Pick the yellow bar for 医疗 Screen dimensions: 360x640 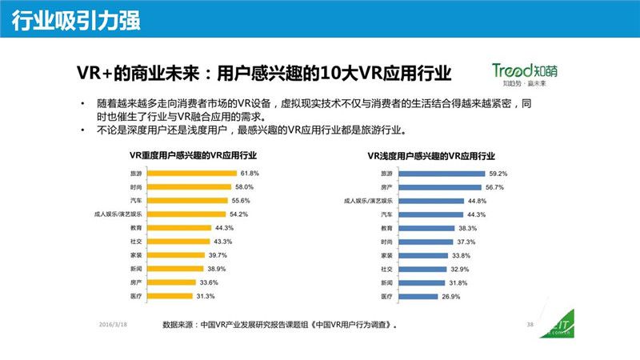pyautogui.click(x=162, y=296)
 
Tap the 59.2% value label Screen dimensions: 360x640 pyautogui.click(x=498, y=173)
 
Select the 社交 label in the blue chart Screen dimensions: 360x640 pyautogui.click(x=386, y=269)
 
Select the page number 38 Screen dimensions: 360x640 pyautogui.click(x=529, y=324)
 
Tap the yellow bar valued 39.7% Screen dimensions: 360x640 pyautogui.click(x=170, y=255)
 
